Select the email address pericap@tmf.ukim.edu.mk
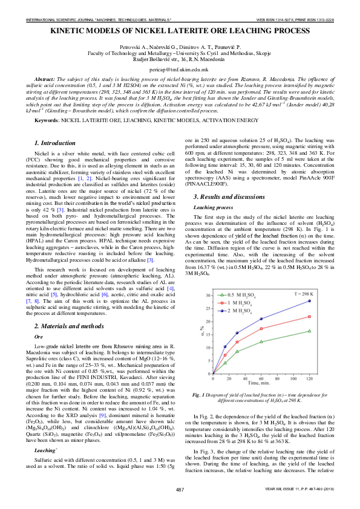(x=180, y=70)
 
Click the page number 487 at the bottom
(x=180, y=488)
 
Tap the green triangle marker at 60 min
(x=261, y=342)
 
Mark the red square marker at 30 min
(x=237, y=342)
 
